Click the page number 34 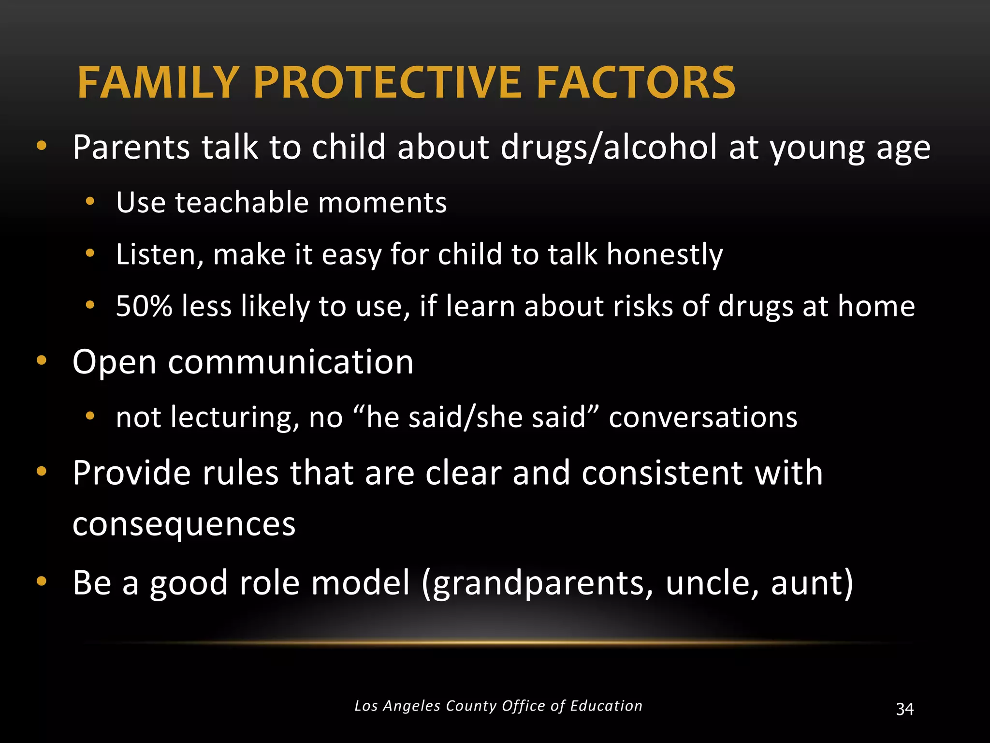click(x=904, y=709)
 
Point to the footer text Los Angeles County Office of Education click(x=498, y=706)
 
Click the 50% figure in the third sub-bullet click(x=144, y=306)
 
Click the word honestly click(x=665, y=254)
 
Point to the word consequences click(x=184, y=524)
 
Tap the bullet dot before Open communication click(x=42, y=360)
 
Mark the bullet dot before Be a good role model click(x=42, y=581)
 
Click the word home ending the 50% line click(x=876, y=306)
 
